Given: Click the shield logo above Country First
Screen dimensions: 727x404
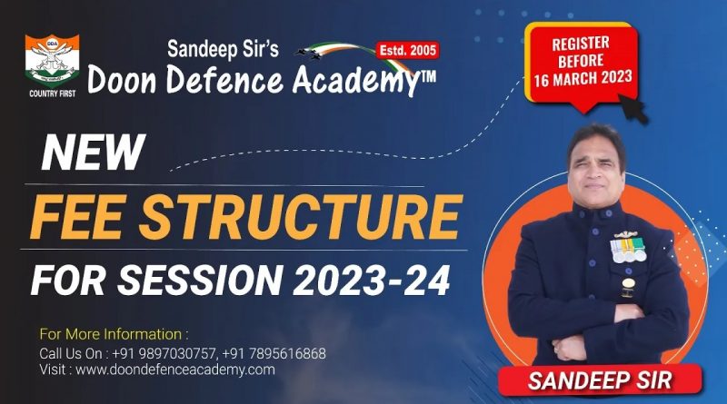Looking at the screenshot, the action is pyautogui.click(x=52, y=60).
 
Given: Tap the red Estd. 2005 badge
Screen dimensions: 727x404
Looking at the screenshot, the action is pyautogui.click(x=407, y=51).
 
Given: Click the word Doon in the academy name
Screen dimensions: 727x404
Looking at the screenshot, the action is pyautogui.click(x=122, y=80).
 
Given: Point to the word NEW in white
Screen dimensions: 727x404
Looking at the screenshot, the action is pyautogui.click(x=94, y=153).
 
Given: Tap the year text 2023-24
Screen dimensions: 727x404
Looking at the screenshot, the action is pyautogui.click(x=372, y=280).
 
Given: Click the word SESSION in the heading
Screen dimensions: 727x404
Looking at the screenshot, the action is pyautogui.click(x=199, y=280).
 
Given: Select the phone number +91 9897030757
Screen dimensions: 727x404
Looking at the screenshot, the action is pyautogui.click(x=164, y=353).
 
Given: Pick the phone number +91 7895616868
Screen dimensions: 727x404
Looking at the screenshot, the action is pyautogui.click(x=274, y=353).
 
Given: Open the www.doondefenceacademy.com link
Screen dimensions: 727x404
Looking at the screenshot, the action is pyautogui.click(x=175, y=370).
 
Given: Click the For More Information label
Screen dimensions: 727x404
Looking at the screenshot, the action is pyautogui.click(x=114, y=334).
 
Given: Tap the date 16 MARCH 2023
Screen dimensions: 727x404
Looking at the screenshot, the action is pyautogui.click(x=583, y=78).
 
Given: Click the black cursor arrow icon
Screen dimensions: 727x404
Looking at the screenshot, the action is pyautogui.click(x=632, y=109).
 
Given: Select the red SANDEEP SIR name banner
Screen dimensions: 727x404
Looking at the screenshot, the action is pyautogui.click(x=600, y=379).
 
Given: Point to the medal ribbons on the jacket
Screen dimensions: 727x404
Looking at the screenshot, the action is pyautogui.click(x=628, y=250).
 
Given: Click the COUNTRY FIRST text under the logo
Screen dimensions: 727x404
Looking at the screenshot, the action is pyautogui.click(x=53, y=94).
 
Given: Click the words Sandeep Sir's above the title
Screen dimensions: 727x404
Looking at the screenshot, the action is pyautogui.click(x=223, y=49).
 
